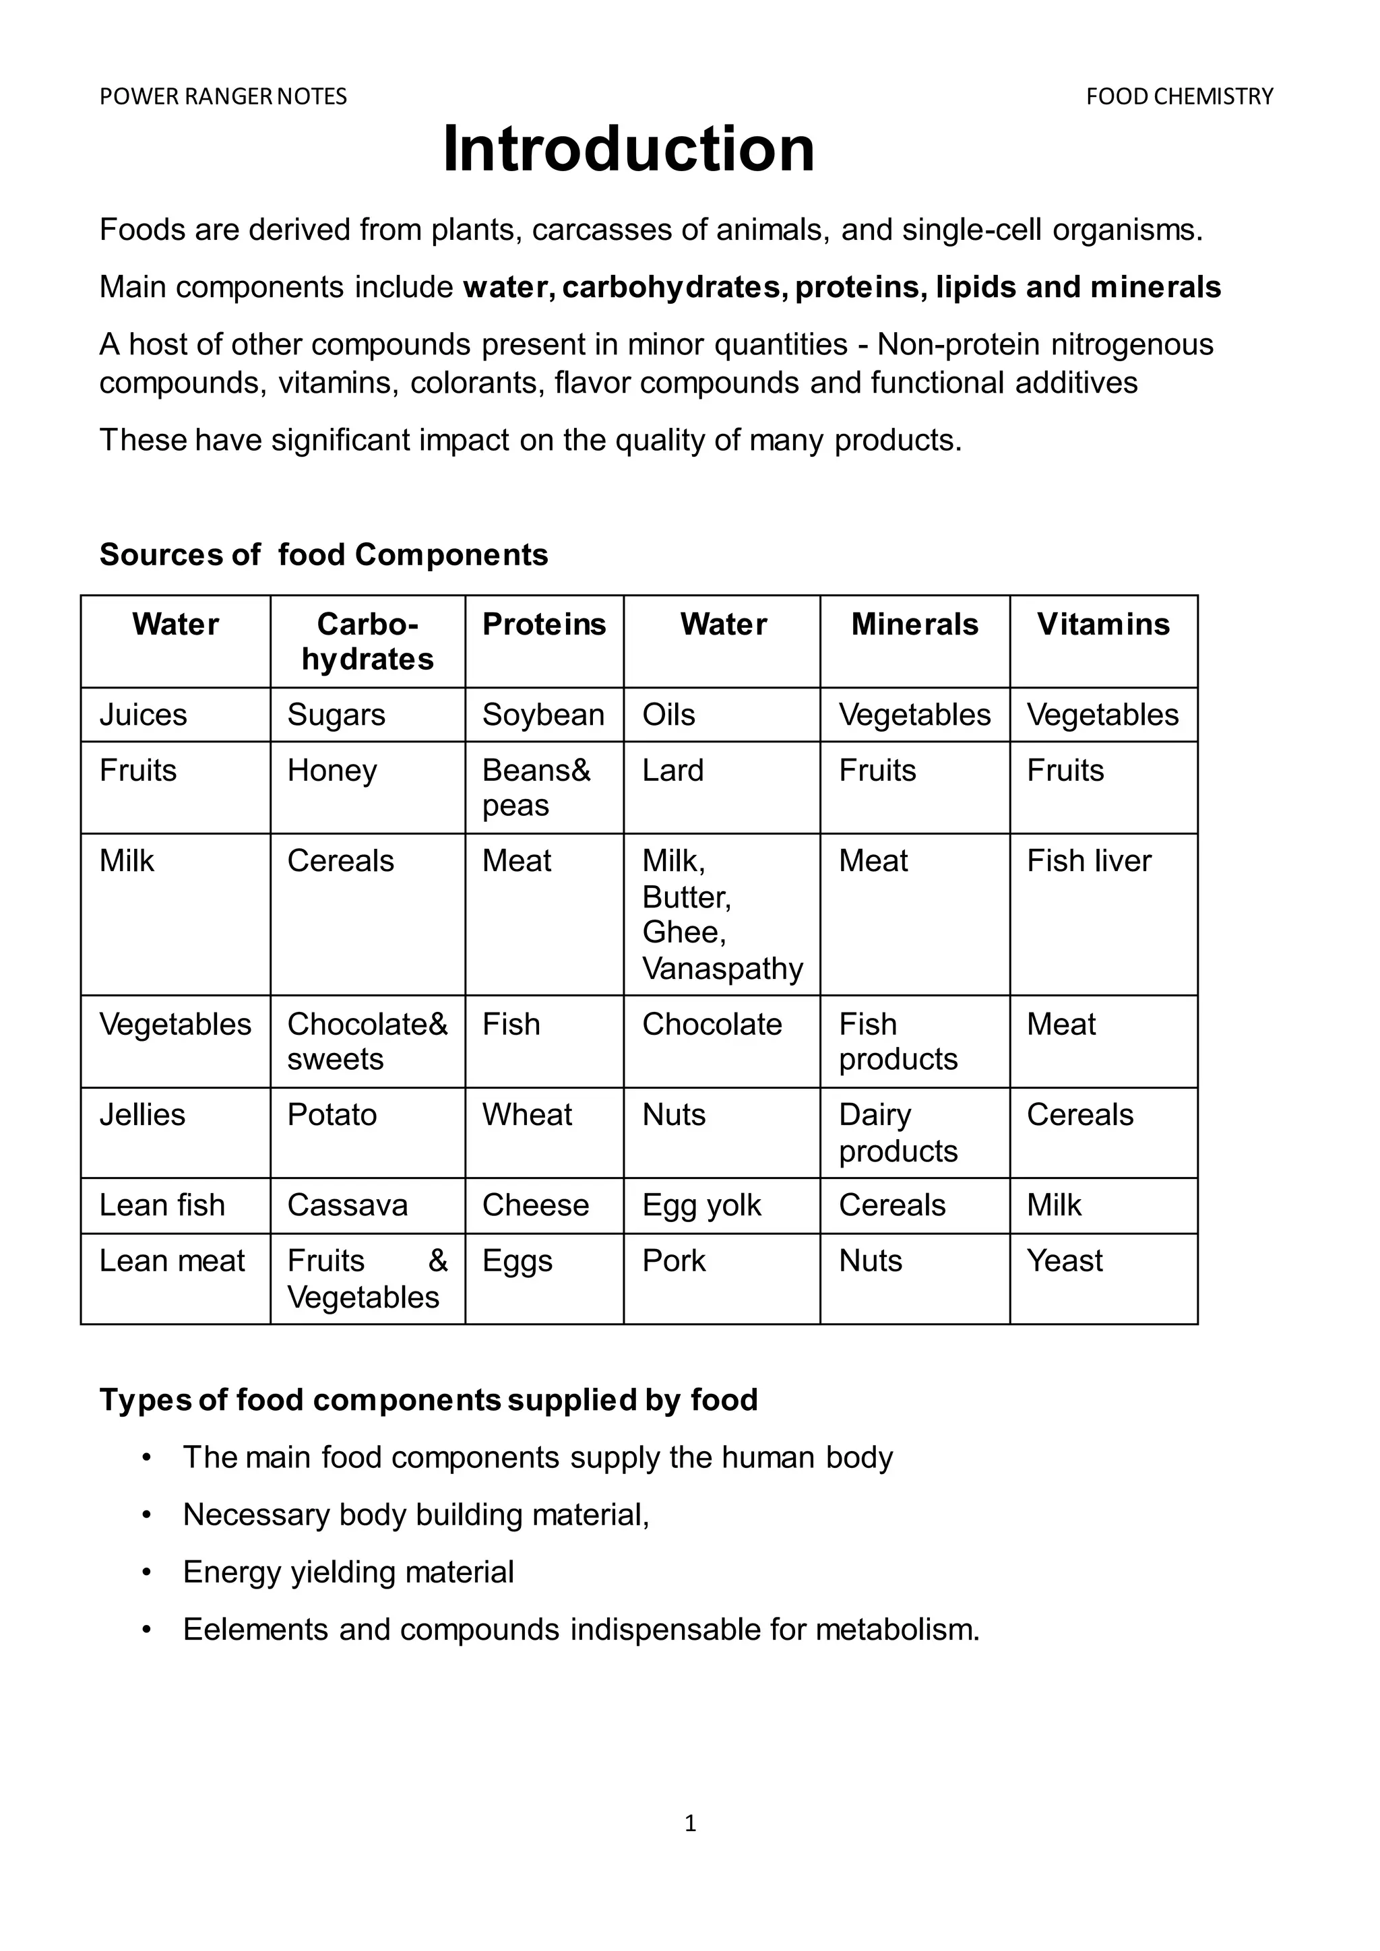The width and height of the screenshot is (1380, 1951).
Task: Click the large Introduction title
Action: click(628, 150)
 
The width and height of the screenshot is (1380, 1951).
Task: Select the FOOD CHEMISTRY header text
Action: click(1179, 97)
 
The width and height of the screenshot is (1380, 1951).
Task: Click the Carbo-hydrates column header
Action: click(367, 641)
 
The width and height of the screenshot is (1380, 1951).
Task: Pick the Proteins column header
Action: click(544, 625)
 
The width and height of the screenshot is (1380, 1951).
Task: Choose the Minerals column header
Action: click(914, 625)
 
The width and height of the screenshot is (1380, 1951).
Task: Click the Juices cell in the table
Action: click(143, 715)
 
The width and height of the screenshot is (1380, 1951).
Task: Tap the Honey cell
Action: click(332, 771)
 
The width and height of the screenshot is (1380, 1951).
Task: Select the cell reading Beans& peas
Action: click(535, 788)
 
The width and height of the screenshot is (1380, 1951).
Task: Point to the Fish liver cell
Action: click(1088, 861)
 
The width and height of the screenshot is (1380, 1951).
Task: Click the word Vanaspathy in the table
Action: click(722, 968)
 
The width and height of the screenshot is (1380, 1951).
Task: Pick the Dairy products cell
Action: click(898, 1132)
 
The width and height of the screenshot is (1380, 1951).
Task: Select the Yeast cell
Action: click(1064, 1261)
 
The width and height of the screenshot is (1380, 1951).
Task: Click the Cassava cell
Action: click(347, 1206)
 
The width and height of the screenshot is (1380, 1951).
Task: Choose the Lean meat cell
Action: click(172, 1261)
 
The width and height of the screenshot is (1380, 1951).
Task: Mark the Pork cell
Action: click(673, 1261)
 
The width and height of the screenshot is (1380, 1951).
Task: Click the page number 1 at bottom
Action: click(690, 1823)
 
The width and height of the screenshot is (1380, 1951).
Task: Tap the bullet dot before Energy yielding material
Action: click(146, 1573)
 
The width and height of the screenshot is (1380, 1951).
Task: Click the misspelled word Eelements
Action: click(256, 1630)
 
